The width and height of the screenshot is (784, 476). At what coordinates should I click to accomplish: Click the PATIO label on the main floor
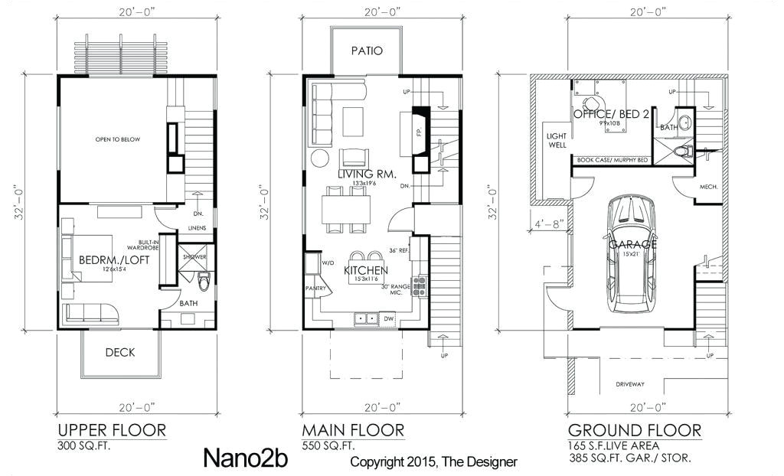[x=367, y=51]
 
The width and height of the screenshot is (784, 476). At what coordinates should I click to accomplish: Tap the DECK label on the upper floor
[x=120, y=352]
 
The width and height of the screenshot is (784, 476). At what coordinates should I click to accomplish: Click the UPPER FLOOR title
[x=112, y=429]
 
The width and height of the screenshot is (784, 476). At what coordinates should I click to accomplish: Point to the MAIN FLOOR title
[x=352, y=429]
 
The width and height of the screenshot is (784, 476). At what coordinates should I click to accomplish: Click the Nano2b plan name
[x=236, y=458]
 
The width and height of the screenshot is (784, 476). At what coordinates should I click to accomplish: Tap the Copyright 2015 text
[x=433, y=461]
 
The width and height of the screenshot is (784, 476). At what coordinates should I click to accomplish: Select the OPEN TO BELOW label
[x=117, y=139]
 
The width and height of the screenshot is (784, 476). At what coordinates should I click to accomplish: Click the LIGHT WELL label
[x=556, y=140]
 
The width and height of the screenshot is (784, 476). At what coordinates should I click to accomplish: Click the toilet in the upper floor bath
[x=203, y=282]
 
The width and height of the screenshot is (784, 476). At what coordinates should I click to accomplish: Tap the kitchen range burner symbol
[x=419, y=287]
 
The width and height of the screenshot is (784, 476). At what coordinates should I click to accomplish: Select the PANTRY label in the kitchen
[x=317, y=289]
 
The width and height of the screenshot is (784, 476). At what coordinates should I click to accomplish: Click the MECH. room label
[x=707, y=187]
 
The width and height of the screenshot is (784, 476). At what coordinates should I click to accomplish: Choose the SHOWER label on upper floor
[x=194, y=257]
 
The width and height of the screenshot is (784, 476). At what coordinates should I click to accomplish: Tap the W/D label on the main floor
[x=330, y=262]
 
